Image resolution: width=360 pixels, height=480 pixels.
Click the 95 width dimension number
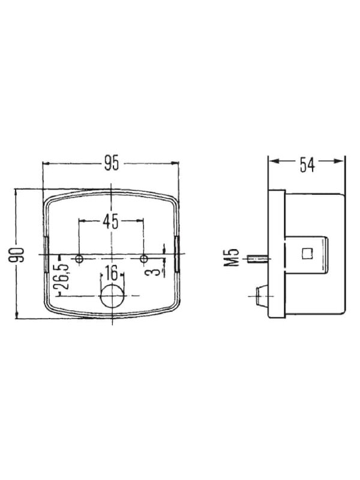(112, 163)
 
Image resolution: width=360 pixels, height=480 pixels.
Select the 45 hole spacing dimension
(110, 221)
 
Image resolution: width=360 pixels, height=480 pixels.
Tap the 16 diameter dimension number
(112, 273)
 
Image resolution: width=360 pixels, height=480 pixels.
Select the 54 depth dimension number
(307, 164)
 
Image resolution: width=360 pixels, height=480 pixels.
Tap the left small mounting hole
(79, 259)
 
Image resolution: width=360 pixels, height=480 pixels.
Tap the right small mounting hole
(143, 259)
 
